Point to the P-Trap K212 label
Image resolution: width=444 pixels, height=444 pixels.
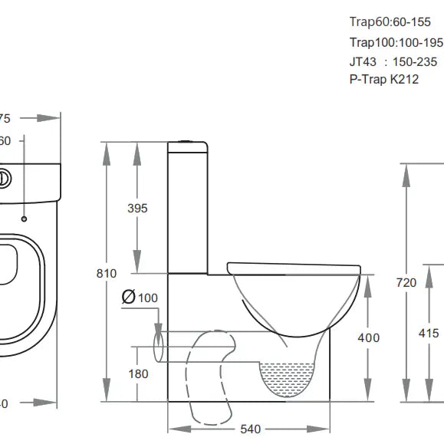(x=383, y=79)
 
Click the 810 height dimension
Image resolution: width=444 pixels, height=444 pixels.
(x=107, y=273)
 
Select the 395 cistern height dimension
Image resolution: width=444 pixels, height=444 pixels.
(x=137, y=208)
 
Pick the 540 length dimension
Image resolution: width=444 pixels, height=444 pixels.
(x=250, y=429)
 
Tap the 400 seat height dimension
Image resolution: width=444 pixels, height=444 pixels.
(x=370, y=337)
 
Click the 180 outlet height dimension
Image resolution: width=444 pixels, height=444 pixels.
(x=137, y=373)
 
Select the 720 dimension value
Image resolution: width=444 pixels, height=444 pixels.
(x=406, y=283)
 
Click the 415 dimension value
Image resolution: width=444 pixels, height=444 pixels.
(x=429, y=333)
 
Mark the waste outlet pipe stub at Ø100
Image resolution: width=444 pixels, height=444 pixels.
(x=160, y=344)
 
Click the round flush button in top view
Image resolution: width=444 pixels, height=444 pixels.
(x=5, y=179)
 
